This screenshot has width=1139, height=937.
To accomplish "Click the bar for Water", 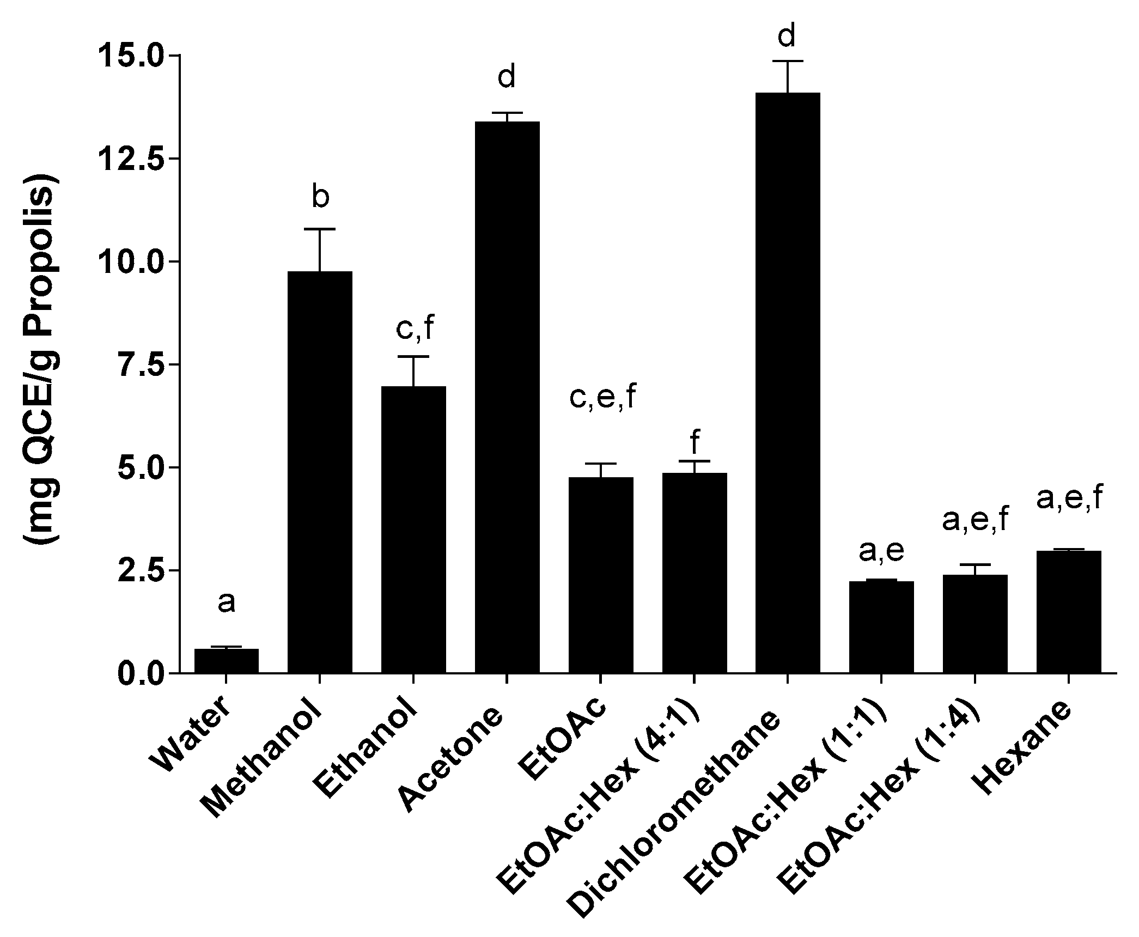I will pos(226,660).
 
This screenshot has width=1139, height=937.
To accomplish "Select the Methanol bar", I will pos(320,472).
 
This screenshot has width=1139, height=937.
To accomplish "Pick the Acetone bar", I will pos(507,397).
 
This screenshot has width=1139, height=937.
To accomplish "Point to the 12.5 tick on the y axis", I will pos(131,159).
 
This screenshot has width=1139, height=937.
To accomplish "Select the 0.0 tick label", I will pos(131,673).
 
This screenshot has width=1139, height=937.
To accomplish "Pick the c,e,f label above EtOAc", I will pos(602,398).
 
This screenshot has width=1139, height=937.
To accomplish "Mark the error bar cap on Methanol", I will pos(320,229).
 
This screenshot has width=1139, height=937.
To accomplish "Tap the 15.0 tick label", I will pos(131,56).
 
